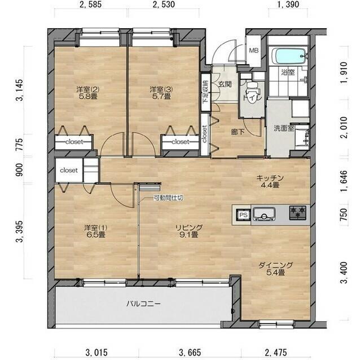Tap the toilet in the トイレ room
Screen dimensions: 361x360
[x=253, y=91]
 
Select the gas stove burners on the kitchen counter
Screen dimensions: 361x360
[x=298, y=212]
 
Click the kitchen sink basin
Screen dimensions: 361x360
[x=264, y=214]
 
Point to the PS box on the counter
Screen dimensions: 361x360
[x=244, y=215]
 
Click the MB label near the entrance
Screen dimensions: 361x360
[x=253, y=51]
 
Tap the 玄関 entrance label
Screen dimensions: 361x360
[x=224, y=85]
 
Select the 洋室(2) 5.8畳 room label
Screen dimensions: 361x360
[x=88, y=93]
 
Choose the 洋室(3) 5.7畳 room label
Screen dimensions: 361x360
[x=161, y=93]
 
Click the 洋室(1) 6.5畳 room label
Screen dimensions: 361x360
[x=95, y=231]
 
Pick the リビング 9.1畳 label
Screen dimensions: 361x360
[x=189, y=231]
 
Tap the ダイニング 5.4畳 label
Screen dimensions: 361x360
[x=276, y=269]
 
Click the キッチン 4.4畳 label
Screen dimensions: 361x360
[x=270, y=181]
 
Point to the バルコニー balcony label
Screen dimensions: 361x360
[x=143, y=304]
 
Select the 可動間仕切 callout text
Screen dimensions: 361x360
[x=169, y=198]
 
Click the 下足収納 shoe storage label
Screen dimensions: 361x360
[x=205, y=92]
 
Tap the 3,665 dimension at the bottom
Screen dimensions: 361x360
[x=190, y=352]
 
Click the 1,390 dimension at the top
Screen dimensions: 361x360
[x=288, y=5]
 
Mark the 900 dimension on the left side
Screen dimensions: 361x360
[x=19, y=170]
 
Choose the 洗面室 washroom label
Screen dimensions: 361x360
[x=284, y=128]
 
